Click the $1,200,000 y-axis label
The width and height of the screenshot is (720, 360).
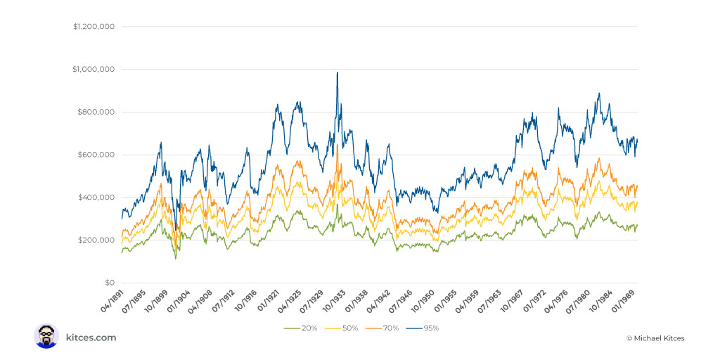[94, 27]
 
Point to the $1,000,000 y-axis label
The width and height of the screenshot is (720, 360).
[94, 70]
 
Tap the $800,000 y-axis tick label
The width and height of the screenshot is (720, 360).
[97, 112]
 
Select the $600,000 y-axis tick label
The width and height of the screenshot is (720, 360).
[97, 155]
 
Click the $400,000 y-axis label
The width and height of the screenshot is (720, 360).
[97, 198]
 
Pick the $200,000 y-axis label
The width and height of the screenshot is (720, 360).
[97, 240]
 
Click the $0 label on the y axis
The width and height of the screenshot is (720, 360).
[109, 283]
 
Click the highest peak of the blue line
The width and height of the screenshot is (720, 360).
[337, 72]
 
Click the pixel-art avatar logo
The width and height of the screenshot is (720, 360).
[46, 336]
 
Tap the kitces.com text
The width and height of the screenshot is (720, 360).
[91, 337]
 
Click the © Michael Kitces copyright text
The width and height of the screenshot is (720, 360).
[655, 338]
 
